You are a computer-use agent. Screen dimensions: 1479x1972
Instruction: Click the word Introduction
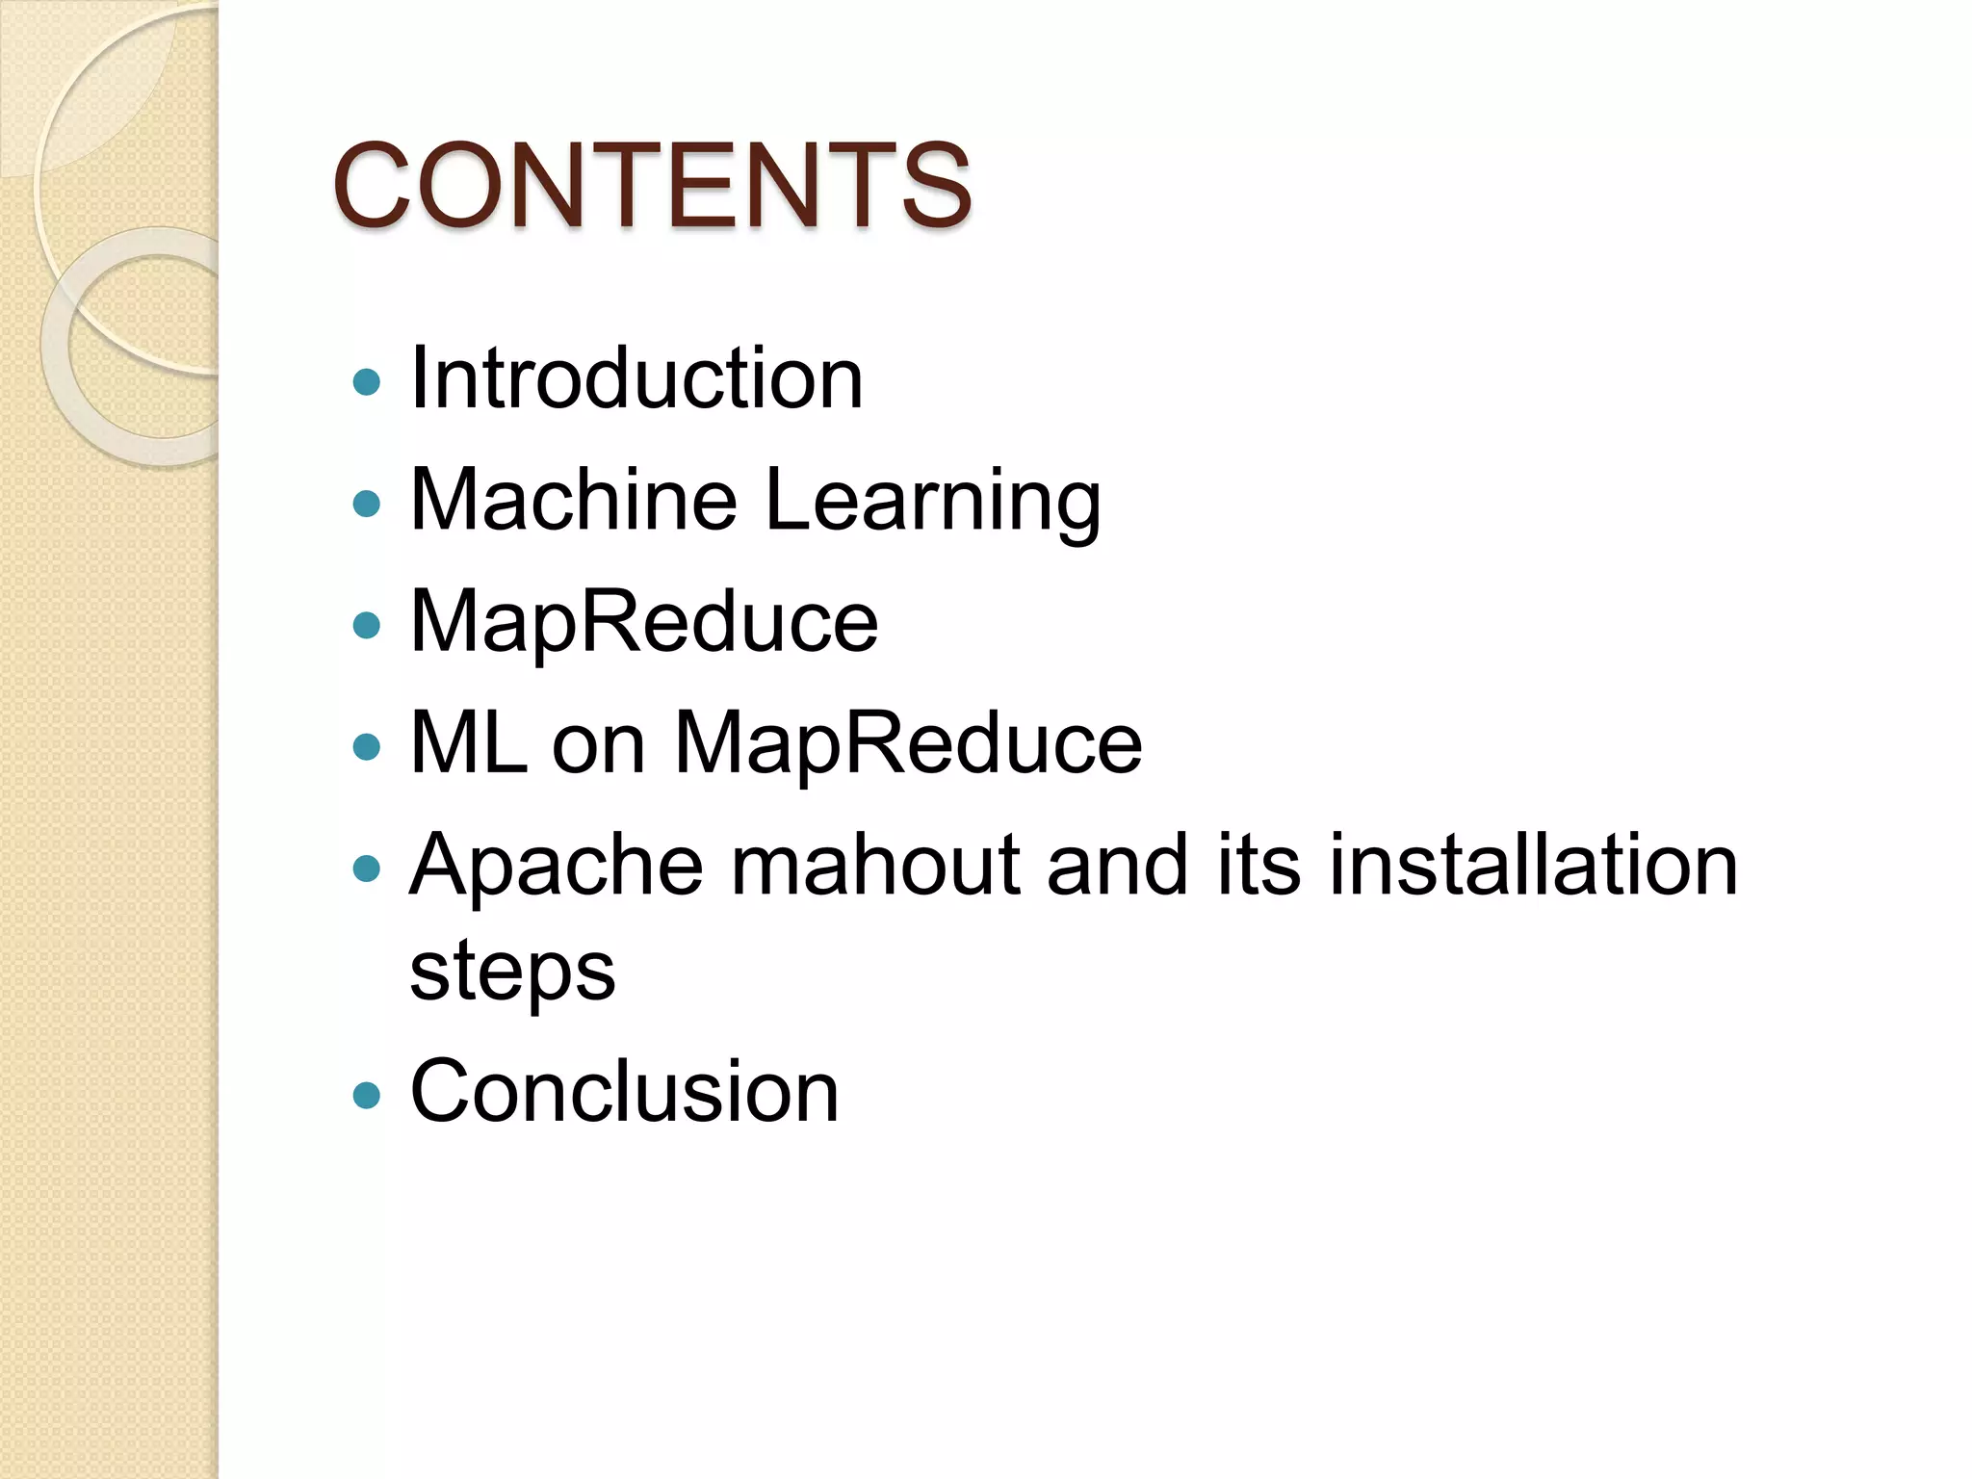pos(636,378)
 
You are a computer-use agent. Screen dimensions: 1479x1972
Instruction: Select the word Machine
pos(574,499)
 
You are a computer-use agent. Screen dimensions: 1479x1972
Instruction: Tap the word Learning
pos(933,501)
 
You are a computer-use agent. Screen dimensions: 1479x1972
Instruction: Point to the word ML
pos(469,742)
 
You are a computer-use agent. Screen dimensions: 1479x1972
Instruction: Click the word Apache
pos(557,864)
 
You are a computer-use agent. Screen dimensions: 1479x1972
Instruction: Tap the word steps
pos(512,971)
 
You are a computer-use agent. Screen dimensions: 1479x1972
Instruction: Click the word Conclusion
pos(624,1091)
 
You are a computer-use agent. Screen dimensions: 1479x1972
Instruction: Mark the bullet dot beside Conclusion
pos(367,1095)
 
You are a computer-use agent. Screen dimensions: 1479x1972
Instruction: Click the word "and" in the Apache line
pos(1117,864)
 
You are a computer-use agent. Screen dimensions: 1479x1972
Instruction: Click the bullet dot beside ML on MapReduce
pos(367,747)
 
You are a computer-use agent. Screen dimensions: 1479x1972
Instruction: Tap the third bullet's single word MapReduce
pos(644,622)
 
